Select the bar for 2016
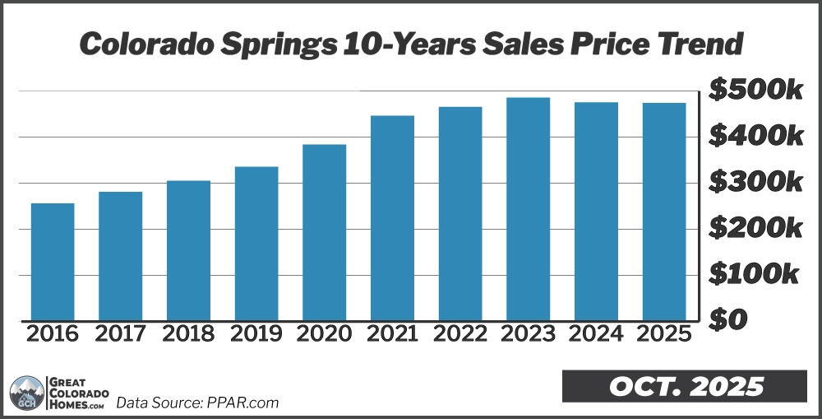53,262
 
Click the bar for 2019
256,244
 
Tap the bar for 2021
392,218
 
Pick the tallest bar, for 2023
528,209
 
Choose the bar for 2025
664,212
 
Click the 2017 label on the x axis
121,334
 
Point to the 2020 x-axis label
325,334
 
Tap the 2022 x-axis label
460,334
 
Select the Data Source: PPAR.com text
197,403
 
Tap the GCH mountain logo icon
28,392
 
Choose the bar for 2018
188,250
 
